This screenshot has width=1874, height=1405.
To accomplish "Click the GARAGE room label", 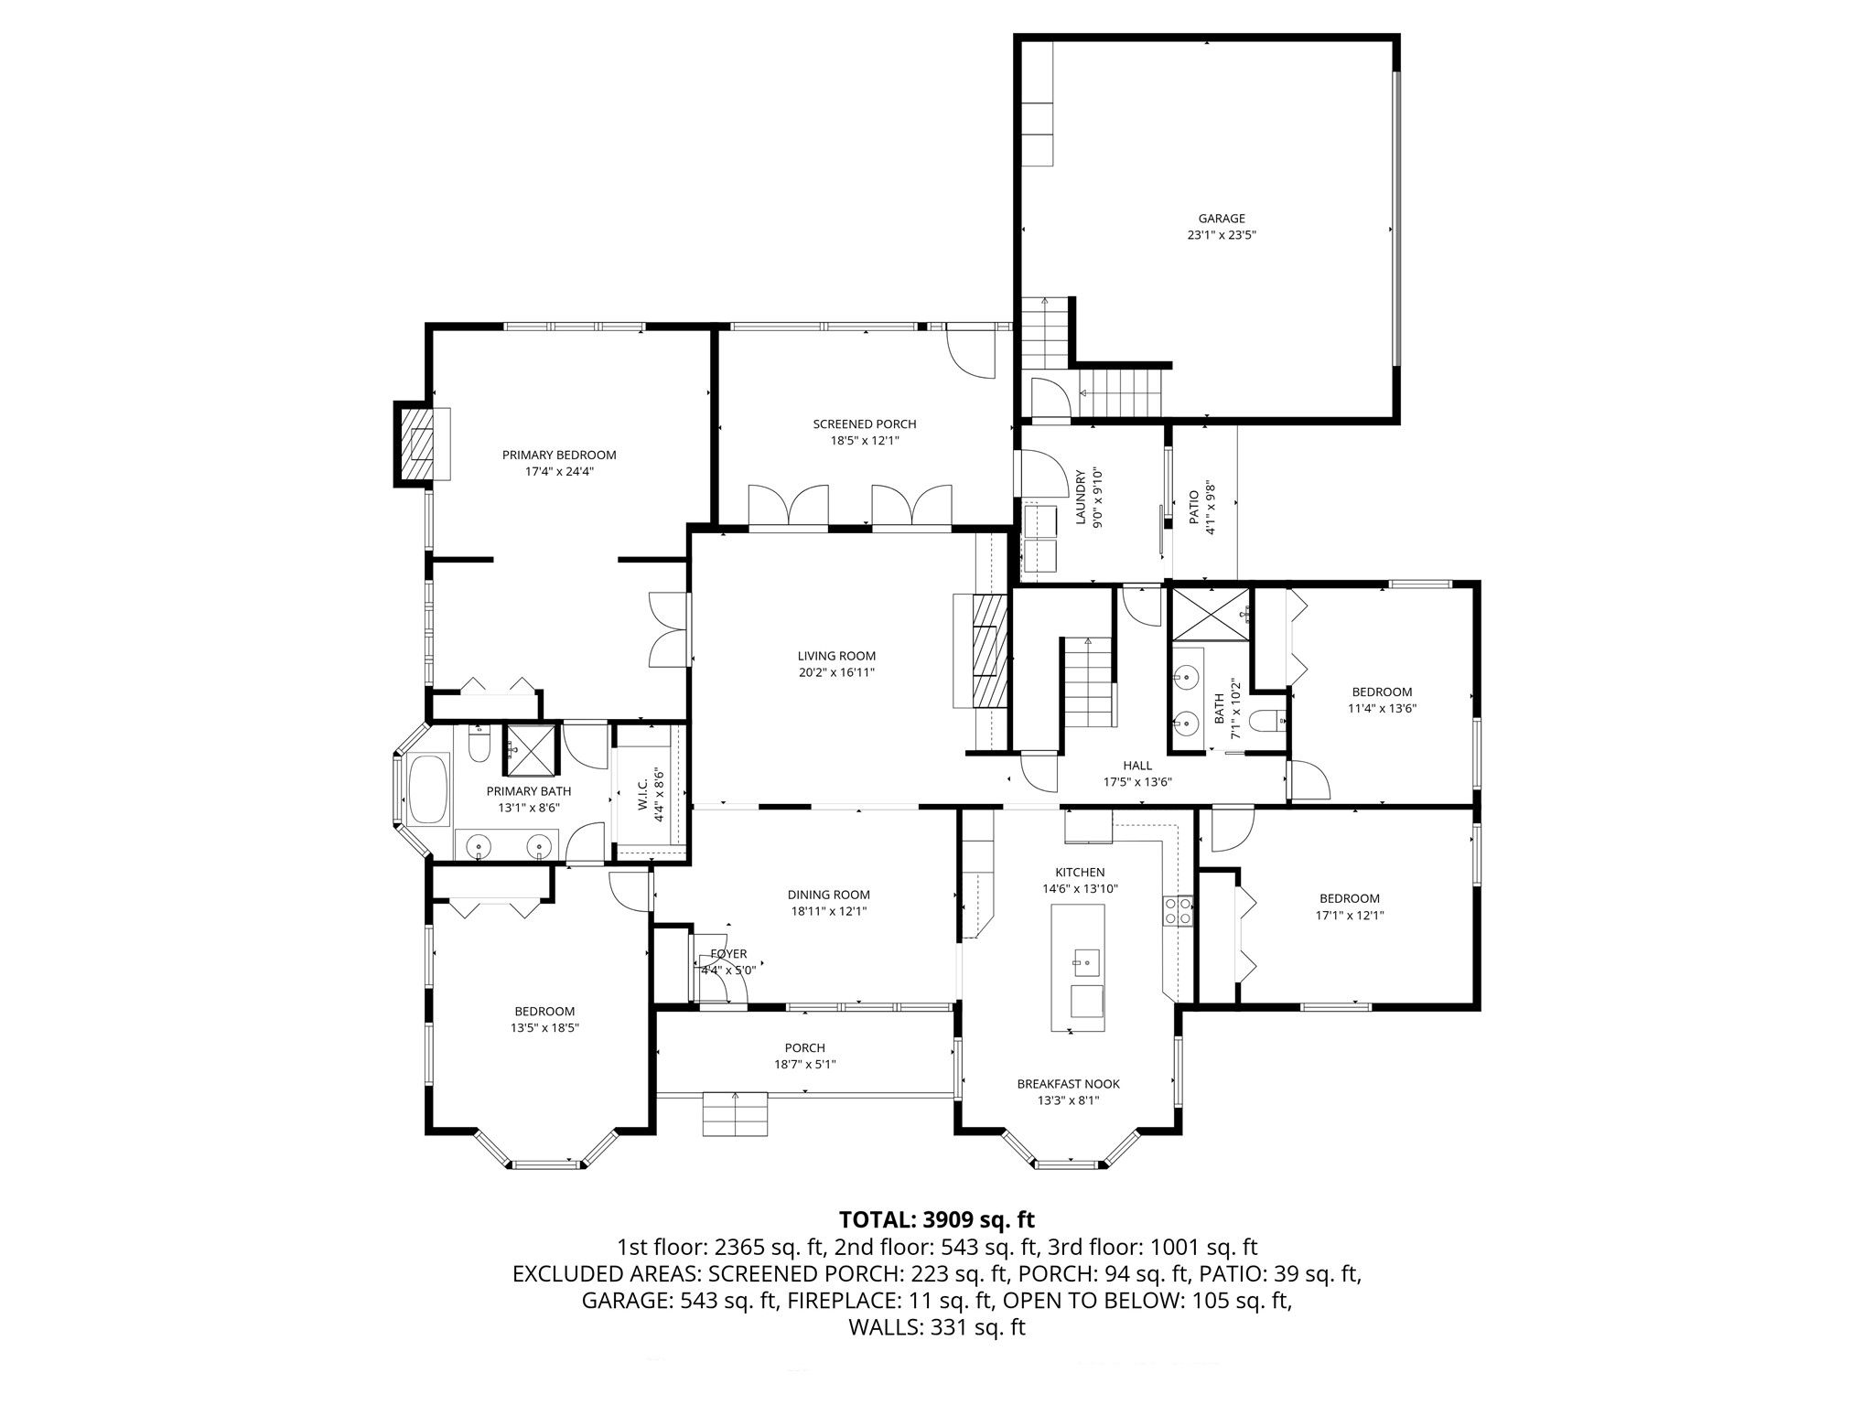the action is (x=1222, y=219).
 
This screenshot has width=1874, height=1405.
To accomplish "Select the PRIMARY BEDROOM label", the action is (x=559, y=455).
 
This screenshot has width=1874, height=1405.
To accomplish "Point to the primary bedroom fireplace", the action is (x=423, y=444).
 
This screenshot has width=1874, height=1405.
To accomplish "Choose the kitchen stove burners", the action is (x=1178, y=912).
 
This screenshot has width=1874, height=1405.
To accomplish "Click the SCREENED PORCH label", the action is (x=865, y=424).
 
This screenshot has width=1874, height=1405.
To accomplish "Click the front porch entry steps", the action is (x=736, y=1113).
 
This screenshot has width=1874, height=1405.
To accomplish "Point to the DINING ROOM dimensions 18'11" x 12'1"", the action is (x=828, y=911).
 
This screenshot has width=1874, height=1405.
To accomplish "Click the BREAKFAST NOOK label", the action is (x=1068, y=1084).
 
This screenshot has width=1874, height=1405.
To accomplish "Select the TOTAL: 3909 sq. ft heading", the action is (x=937, y=1219).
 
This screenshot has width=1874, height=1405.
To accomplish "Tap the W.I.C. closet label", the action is (x=642, y=794).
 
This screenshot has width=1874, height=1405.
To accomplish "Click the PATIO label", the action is (x=1193, y=508).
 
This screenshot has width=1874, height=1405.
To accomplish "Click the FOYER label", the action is (x=728, y=954).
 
